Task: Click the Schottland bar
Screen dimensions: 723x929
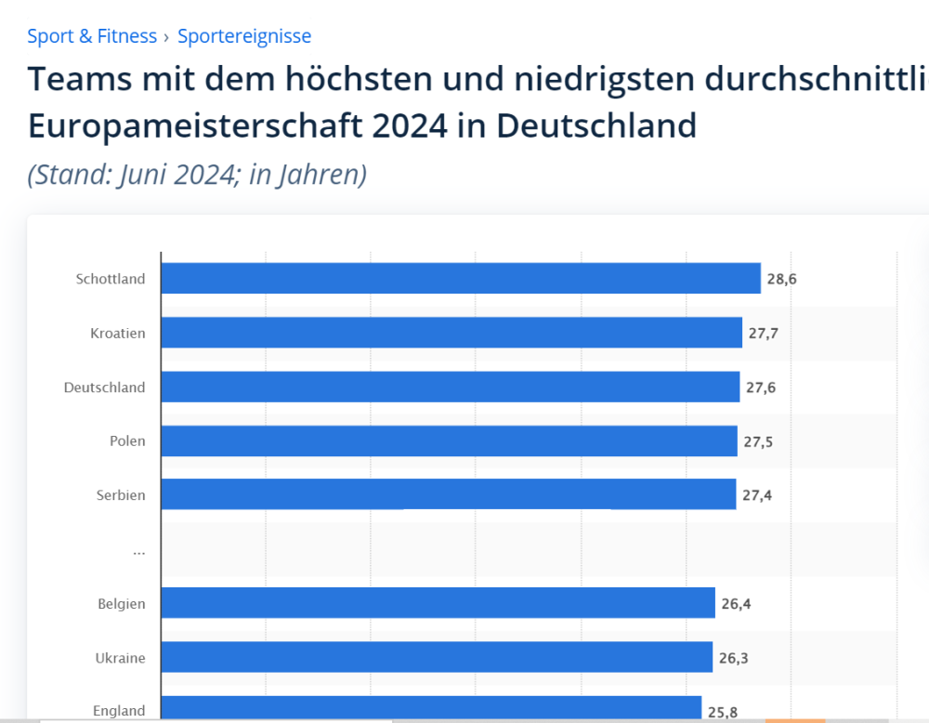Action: click(x=460, y=278)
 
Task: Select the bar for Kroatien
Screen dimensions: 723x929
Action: click(x=451, y=332)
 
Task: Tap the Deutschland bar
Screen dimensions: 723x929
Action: click(x=450, y=387)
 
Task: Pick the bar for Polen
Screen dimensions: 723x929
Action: click(x=449, y=440)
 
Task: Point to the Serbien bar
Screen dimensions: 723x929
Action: click(x=448, y=494)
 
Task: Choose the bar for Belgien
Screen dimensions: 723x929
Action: click(x=438, y=603)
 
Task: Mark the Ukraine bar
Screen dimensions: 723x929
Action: click(x=436, y=658)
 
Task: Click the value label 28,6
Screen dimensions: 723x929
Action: click(x=781, y=278)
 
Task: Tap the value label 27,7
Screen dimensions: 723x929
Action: click(x=763, y=332)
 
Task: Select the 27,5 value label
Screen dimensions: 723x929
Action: click(x=758, y=440)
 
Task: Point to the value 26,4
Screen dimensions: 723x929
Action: click(x=736, y=603)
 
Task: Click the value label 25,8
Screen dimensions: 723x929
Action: click(x=723, y=712)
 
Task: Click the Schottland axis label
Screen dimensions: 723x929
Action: click(x=111, y=278)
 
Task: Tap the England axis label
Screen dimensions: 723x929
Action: click(x=119, y=711)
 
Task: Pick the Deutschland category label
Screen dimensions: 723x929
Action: click(x=104, y=387)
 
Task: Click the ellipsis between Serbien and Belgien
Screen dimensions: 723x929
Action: click(x=138, y=550)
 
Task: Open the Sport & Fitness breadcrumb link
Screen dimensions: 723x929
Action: click(x=92, y=36)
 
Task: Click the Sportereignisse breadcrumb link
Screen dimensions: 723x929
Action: click(x=244, y=36)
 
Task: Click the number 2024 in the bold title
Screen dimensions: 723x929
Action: click(x=410, y=125)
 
